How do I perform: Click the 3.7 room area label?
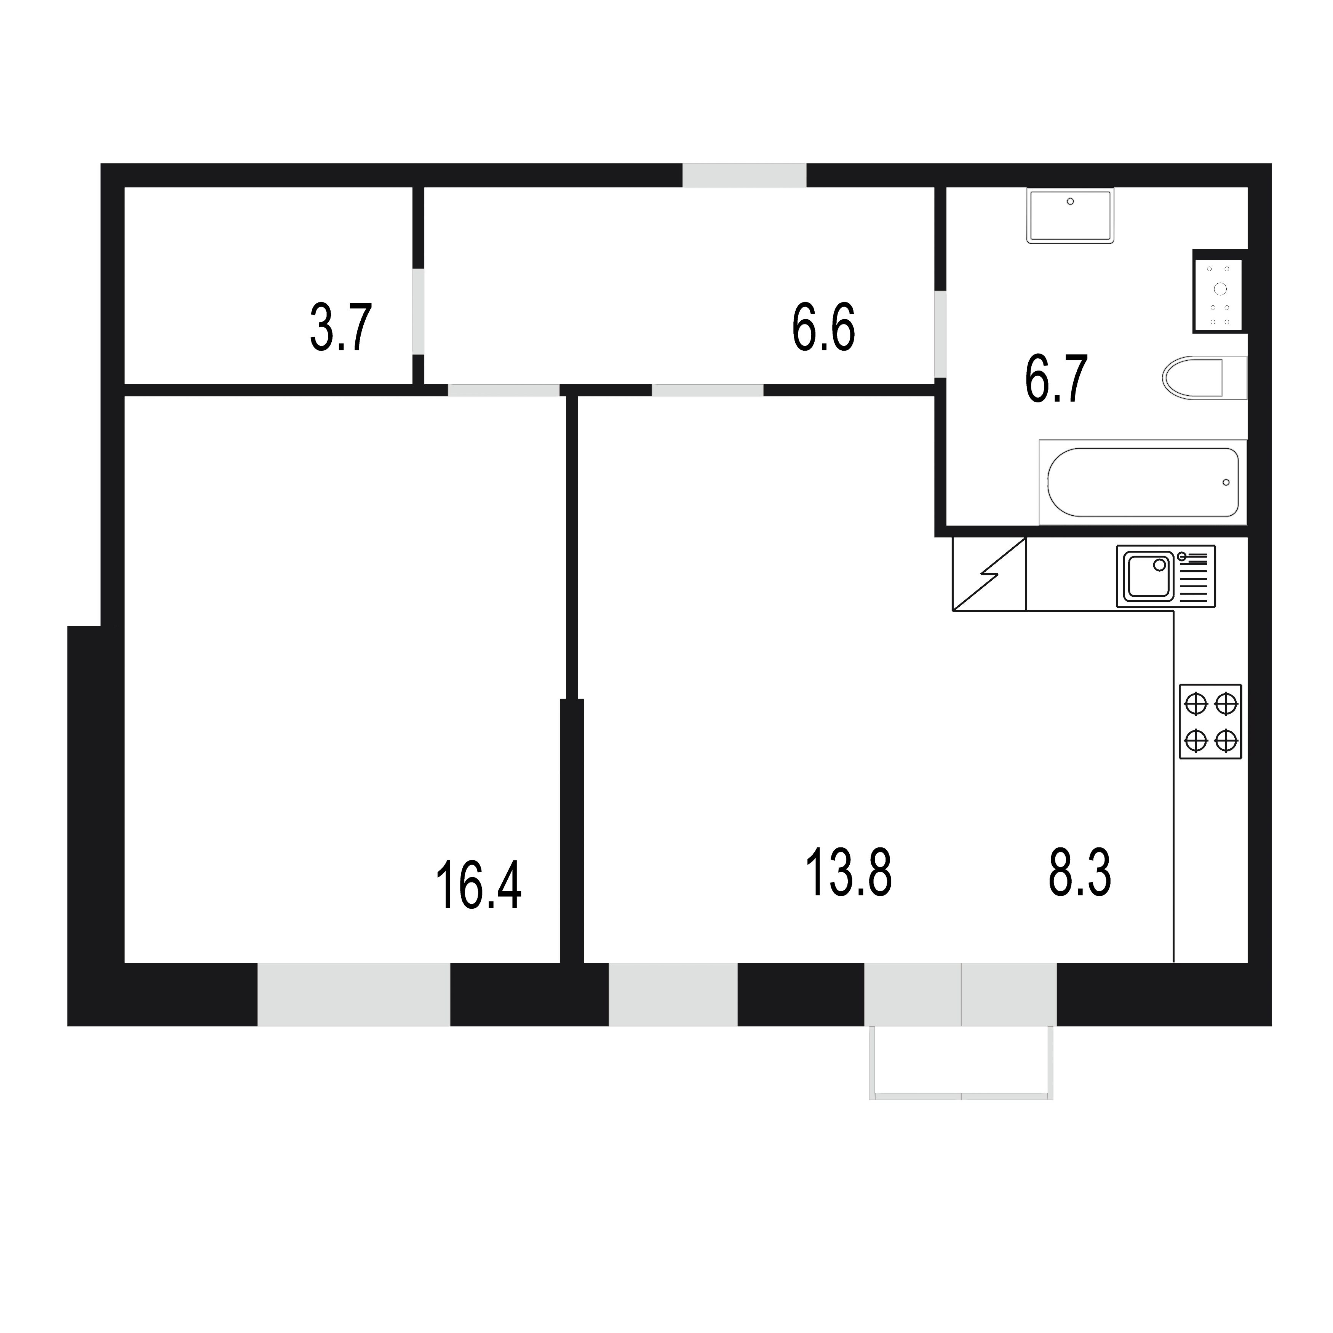point(341,328)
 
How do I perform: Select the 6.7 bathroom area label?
point(1056,379)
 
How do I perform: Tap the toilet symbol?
point(1204,377)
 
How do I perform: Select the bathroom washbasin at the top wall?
point(1070,215)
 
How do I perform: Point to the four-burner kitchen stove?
point(1210,722)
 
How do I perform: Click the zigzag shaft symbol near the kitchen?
point(989,574)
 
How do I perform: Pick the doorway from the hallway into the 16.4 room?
point(503,390)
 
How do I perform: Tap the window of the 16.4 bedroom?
point(353,994)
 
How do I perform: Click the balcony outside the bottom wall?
point(961,1063)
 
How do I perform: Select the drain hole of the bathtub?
point(1226,482)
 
